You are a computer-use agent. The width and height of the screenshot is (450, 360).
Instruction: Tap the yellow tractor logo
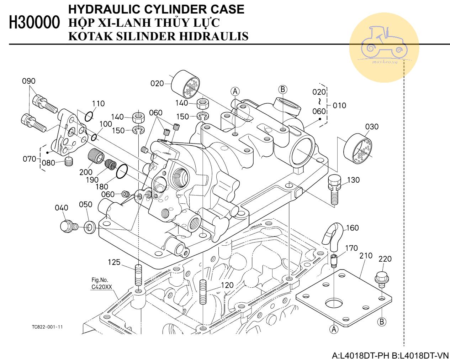coord(384,48)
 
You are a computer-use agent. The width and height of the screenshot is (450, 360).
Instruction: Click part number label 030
coord(372,126)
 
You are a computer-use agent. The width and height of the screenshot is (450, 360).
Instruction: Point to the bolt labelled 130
coord(334,189)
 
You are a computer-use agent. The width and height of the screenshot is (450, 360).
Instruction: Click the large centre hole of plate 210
coord(334,303)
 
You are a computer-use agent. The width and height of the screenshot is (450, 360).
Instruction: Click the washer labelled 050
coord(89,227)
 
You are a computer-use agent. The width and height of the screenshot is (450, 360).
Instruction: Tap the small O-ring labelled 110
coord(89,116)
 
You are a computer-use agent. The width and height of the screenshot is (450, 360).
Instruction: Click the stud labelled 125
coord(139,275)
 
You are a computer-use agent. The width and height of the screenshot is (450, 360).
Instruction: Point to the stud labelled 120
coord(203,292)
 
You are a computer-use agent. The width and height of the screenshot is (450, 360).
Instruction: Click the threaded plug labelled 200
coord(95,156)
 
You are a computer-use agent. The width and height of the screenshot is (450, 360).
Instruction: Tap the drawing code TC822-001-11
coord(47,327)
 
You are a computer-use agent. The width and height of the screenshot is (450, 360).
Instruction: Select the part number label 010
coord(339,105)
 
